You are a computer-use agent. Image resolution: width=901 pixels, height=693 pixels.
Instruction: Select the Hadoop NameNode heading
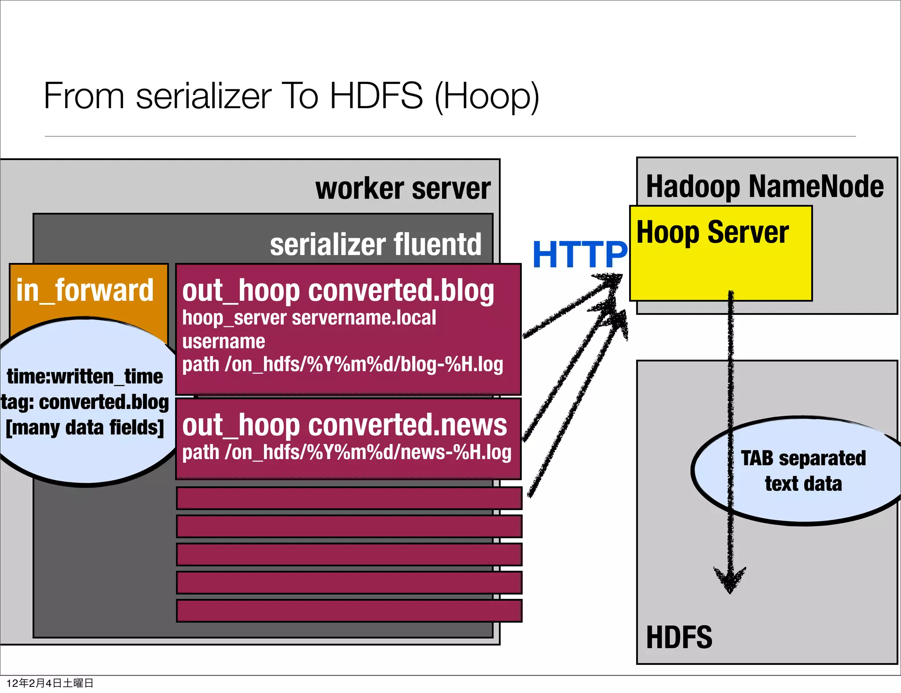[x=765, y=186]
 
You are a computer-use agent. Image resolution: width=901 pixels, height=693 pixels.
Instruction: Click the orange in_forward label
[x=85, y=290]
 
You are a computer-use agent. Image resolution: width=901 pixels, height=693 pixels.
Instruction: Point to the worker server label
[x=403, y=189]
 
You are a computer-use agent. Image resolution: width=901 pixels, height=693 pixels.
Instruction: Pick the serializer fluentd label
[x=376, y=244]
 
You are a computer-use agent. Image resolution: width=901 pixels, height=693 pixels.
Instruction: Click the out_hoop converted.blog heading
[x=338, y=291]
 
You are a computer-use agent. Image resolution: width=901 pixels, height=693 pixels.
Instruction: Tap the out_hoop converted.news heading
[x=344, y=425]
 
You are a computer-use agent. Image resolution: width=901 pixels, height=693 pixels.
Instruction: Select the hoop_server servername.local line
[x=309, y=318]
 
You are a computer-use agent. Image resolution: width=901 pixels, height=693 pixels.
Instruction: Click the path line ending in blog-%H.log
[x=342, y=365]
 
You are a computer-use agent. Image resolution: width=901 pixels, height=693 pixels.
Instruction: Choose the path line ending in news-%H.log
[x=347, y=452]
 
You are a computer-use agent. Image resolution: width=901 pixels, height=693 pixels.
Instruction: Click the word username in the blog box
[x=223, y=342]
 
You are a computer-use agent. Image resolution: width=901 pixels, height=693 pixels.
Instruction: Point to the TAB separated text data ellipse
[x=803, y=471]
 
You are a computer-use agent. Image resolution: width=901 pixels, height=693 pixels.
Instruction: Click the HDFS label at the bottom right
[x=679, y=637]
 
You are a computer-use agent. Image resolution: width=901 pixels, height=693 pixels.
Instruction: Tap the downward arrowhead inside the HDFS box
[x=730, y=580]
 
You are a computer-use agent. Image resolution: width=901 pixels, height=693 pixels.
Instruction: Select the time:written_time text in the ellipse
[x=84, y=377]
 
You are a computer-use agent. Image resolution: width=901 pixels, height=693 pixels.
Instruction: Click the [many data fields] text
[x=84, y=427]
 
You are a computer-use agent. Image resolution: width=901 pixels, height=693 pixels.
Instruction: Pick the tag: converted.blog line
[x=84, y=402]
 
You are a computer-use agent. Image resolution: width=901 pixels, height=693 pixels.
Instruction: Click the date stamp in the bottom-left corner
[x=50, y=683]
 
